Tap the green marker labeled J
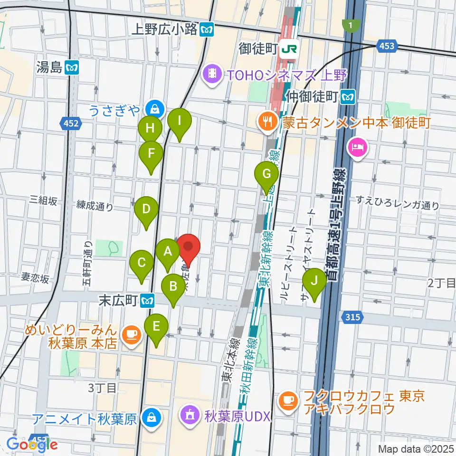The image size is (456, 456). [x=314, y=280]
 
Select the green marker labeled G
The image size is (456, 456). [x=266, y=173]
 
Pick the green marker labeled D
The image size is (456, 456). [x=146, y=209]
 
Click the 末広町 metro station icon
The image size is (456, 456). [x=149, y=300]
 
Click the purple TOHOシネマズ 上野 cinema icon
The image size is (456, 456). [x=211, y=75]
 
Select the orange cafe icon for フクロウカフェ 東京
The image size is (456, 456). [x=288, y=401]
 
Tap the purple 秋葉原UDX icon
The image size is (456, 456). [x=190, y=416]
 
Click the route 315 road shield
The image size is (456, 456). [x=352, y=316]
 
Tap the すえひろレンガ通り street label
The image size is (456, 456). [x=398, y=206]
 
